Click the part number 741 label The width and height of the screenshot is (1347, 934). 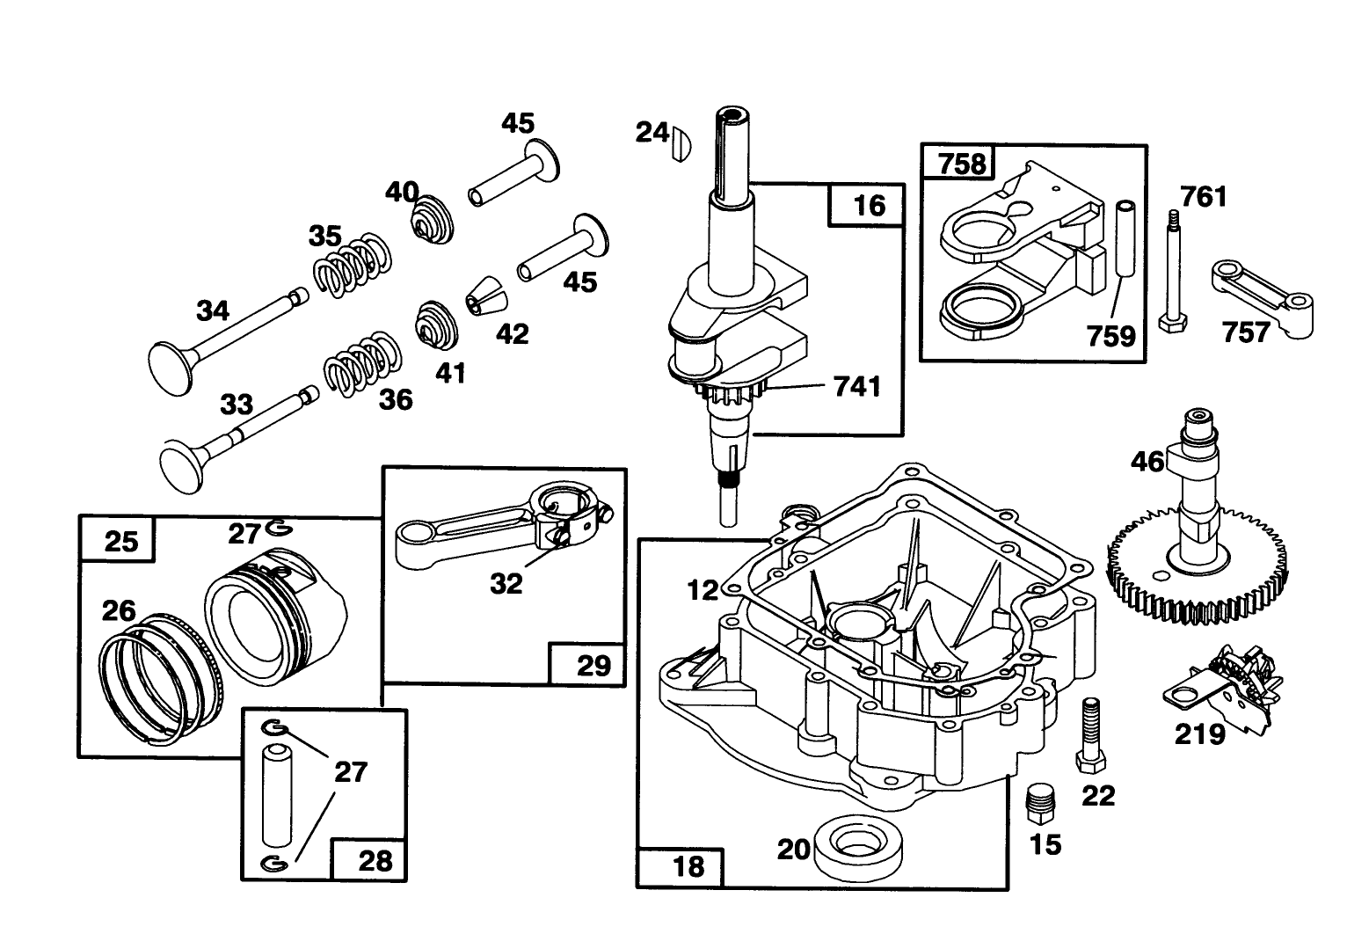pyautogui.click(x=857, y=385)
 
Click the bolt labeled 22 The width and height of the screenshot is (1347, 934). pyautogui.click(x=1088, y=732)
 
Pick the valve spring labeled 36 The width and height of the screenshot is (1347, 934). pyautogui.click(x=363, y=361)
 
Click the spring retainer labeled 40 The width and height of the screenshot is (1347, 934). pyautogui.click(x=432, y=216)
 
